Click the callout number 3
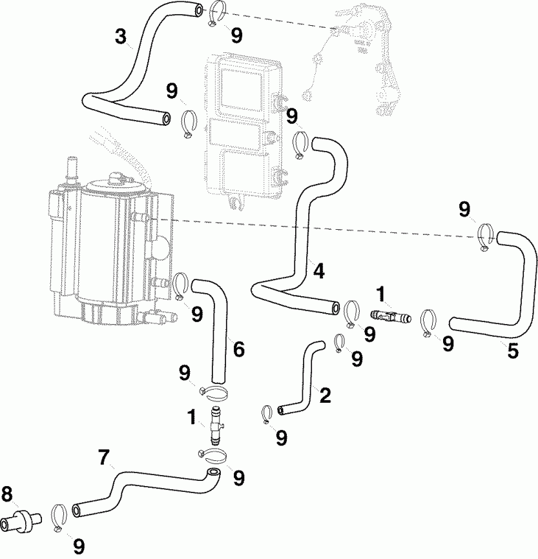point(121,36)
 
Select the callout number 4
point(318,270)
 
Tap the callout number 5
point(513,352)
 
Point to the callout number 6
point(238,350)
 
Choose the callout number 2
point(325,395)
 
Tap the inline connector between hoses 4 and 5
point(390,316)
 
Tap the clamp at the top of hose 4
point(300,145)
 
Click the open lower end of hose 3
point(167,118)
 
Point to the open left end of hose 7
point(78,510)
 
